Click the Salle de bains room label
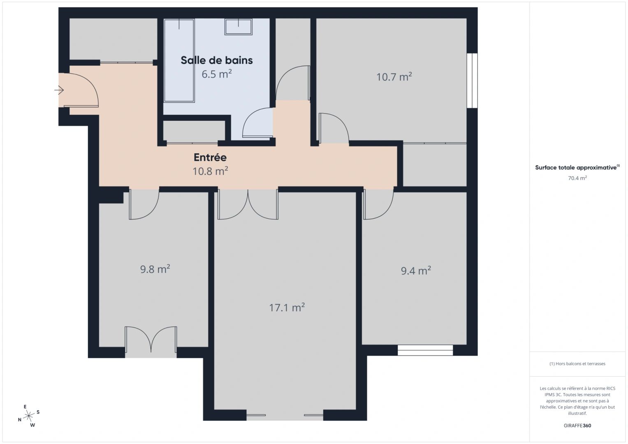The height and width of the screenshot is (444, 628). pos(217,60)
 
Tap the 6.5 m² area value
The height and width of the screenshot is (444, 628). pos(216,74)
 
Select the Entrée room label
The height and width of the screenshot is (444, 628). pos(210,157)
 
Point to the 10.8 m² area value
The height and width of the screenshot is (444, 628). pos(210,171)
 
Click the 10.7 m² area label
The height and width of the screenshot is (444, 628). pos(394,77)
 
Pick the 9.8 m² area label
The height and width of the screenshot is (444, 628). pos(155,269)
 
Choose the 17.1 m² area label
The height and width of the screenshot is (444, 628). pos(287,308)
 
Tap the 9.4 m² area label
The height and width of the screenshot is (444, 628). pos(416,271)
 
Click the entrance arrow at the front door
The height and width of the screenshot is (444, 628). pos(59,90)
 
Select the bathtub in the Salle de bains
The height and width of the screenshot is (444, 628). pos(179,60)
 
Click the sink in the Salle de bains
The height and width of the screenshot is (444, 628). pos(239,27)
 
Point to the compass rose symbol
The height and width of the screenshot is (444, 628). pos(29,416)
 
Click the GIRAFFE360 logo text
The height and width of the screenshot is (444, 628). pos(577,425)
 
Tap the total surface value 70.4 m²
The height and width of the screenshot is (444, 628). pos(577,178)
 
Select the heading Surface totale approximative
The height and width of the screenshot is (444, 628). pos(576,168)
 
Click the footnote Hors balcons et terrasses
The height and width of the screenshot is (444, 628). pos(577,364)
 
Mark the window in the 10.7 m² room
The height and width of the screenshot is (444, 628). pos(472,81)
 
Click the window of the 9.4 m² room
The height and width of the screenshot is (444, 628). pos(425,350)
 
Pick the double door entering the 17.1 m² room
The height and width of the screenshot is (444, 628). pos(248,204)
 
